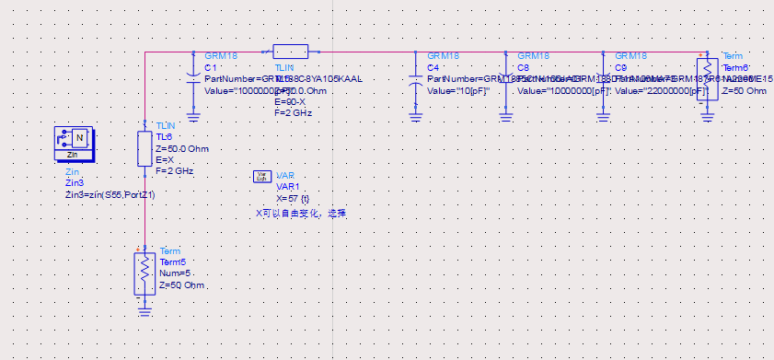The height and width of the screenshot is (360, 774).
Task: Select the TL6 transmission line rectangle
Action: pos(144,148)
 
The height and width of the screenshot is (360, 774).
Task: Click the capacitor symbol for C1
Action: pos(193,74)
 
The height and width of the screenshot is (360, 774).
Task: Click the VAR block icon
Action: pos(260,177)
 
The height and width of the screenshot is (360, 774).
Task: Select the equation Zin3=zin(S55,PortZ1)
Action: pos(110,195)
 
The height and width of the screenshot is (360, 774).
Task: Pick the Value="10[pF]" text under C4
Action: pos(457,91)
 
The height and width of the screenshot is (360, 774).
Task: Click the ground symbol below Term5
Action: pos(144,310)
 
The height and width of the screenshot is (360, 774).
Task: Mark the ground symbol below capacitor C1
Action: pos(193,116)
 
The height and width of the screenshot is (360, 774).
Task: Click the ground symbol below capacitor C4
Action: pos(415,116)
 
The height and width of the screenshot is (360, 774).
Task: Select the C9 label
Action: pos(620,68)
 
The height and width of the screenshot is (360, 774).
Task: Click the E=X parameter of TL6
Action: pos(166,159)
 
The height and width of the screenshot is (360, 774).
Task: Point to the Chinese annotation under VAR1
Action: pos(301,213)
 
